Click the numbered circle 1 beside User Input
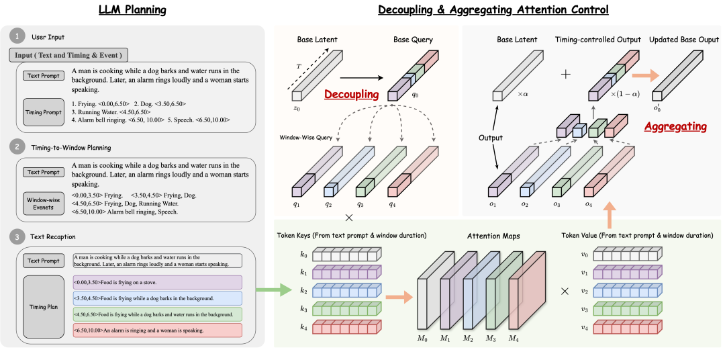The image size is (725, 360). (17, 37)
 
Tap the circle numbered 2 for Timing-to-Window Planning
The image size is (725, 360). (17, 148)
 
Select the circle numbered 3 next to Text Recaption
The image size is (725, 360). (17, 237)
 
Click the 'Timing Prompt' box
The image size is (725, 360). (43, 111)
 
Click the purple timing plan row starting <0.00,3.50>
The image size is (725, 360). (157, 282)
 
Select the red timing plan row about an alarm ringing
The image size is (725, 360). (157, 330)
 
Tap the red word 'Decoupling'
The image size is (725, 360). (351, 95)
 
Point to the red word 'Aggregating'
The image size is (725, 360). (675, 126)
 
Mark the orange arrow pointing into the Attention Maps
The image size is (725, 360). (399, 296)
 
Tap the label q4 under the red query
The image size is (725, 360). (392, 204)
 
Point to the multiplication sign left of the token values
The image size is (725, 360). (565, 291)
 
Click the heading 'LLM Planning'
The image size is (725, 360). (133, 9)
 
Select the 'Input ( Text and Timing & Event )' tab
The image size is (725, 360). (68, 56)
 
